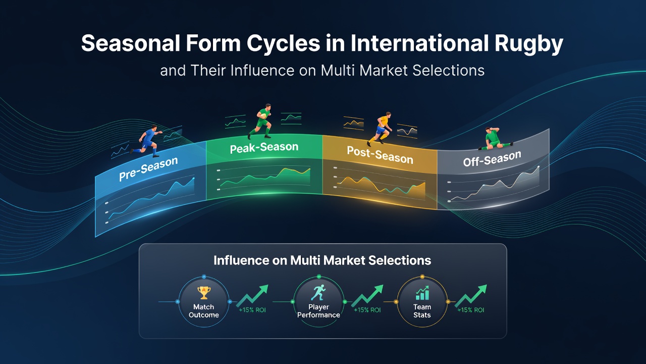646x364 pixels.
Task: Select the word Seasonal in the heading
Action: point(131,43)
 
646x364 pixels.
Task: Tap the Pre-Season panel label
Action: point(148,169)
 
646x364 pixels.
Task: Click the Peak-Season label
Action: point(264,148)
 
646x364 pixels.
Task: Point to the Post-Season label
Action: point(380,155)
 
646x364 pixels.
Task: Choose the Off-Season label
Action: point(492,159)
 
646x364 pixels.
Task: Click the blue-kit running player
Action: point(146,141)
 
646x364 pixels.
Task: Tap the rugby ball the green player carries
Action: point(263,116)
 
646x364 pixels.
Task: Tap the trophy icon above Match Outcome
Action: point(204,293)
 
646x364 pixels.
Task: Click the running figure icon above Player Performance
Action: point(318,292)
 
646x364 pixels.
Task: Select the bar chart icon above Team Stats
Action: point(422,293)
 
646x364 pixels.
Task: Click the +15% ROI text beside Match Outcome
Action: point(252,310)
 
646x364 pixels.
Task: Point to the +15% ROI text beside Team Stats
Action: point(471,310)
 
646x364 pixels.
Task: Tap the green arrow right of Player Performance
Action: point(367,296)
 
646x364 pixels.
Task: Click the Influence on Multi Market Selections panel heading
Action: point(322,260)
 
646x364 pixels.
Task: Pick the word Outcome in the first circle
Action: point(203,315)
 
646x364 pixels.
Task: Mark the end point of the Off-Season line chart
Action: point(539,167)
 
